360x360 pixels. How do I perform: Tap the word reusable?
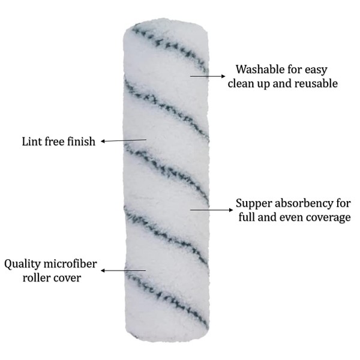316,83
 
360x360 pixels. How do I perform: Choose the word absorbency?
303,204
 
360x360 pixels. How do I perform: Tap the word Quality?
22,265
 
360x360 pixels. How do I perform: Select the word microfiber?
70,264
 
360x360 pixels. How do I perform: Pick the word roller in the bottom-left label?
35,278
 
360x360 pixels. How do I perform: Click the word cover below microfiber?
66,278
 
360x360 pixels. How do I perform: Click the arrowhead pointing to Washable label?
223,76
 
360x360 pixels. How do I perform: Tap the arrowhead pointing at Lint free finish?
103,141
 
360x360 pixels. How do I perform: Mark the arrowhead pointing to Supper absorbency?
230,210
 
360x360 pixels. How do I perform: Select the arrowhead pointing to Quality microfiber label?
103,271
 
